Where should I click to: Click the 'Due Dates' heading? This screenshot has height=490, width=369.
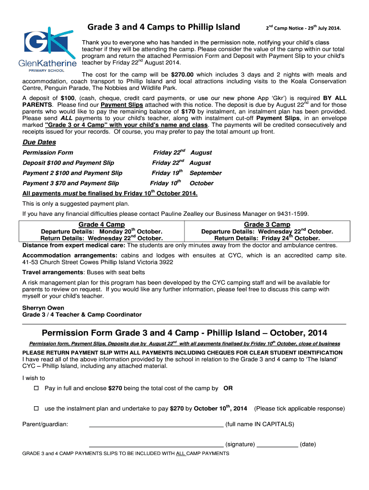(x=39, y=142)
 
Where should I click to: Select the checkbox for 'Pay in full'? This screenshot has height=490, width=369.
(x=35, y=389)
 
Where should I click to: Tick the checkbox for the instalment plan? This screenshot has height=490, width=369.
(x=35, y=409)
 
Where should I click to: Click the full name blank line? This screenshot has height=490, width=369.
(x=156, y=424)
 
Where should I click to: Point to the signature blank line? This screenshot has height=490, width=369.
(x=156, y=445)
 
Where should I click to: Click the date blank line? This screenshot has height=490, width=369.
(x=277, y=445)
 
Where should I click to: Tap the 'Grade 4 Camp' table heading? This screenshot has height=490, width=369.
(x=102, y=224)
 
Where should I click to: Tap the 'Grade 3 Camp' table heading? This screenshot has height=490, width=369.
(x=267, y=224)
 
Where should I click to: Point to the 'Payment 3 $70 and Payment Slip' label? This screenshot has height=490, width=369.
(x=71, y=183)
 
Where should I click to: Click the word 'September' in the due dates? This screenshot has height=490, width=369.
(x=206, y=173)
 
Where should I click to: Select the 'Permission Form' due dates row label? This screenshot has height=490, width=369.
(x=48, y=153)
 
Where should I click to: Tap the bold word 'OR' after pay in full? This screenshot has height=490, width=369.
(x=228, y=389)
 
